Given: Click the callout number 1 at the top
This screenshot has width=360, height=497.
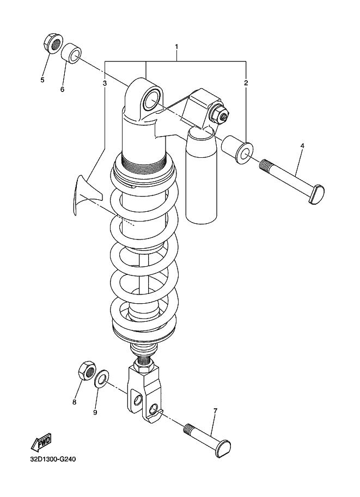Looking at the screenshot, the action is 176,47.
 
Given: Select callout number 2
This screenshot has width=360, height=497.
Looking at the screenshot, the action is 246,83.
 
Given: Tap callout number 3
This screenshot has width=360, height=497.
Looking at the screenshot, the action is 105,83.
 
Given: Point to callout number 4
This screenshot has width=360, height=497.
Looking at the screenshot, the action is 302,146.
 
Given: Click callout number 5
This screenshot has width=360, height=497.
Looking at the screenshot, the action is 42,80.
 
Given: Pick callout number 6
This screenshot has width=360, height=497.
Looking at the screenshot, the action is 62,89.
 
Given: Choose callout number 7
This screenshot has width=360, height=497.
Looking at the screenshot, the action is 215,411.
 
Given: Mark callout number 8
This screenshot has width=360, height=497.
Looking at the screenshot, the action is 74,402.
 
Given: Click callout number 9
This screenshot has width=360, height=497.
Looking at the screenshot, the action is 95,412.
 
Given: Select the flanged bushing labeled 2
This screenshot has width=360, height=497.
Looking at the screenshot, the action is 238,149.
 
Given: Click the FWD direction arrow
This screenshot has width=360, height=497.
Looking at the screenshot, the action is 41,443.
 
